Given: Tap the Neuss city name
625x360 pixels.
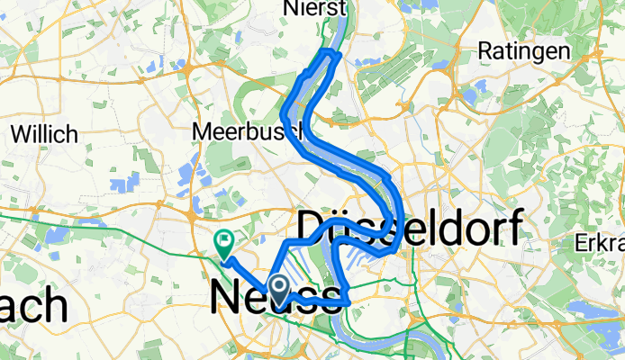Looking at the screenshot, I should click(277, 299).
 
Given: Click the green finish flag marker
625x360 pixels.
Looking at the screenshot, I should click(222, 240).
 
